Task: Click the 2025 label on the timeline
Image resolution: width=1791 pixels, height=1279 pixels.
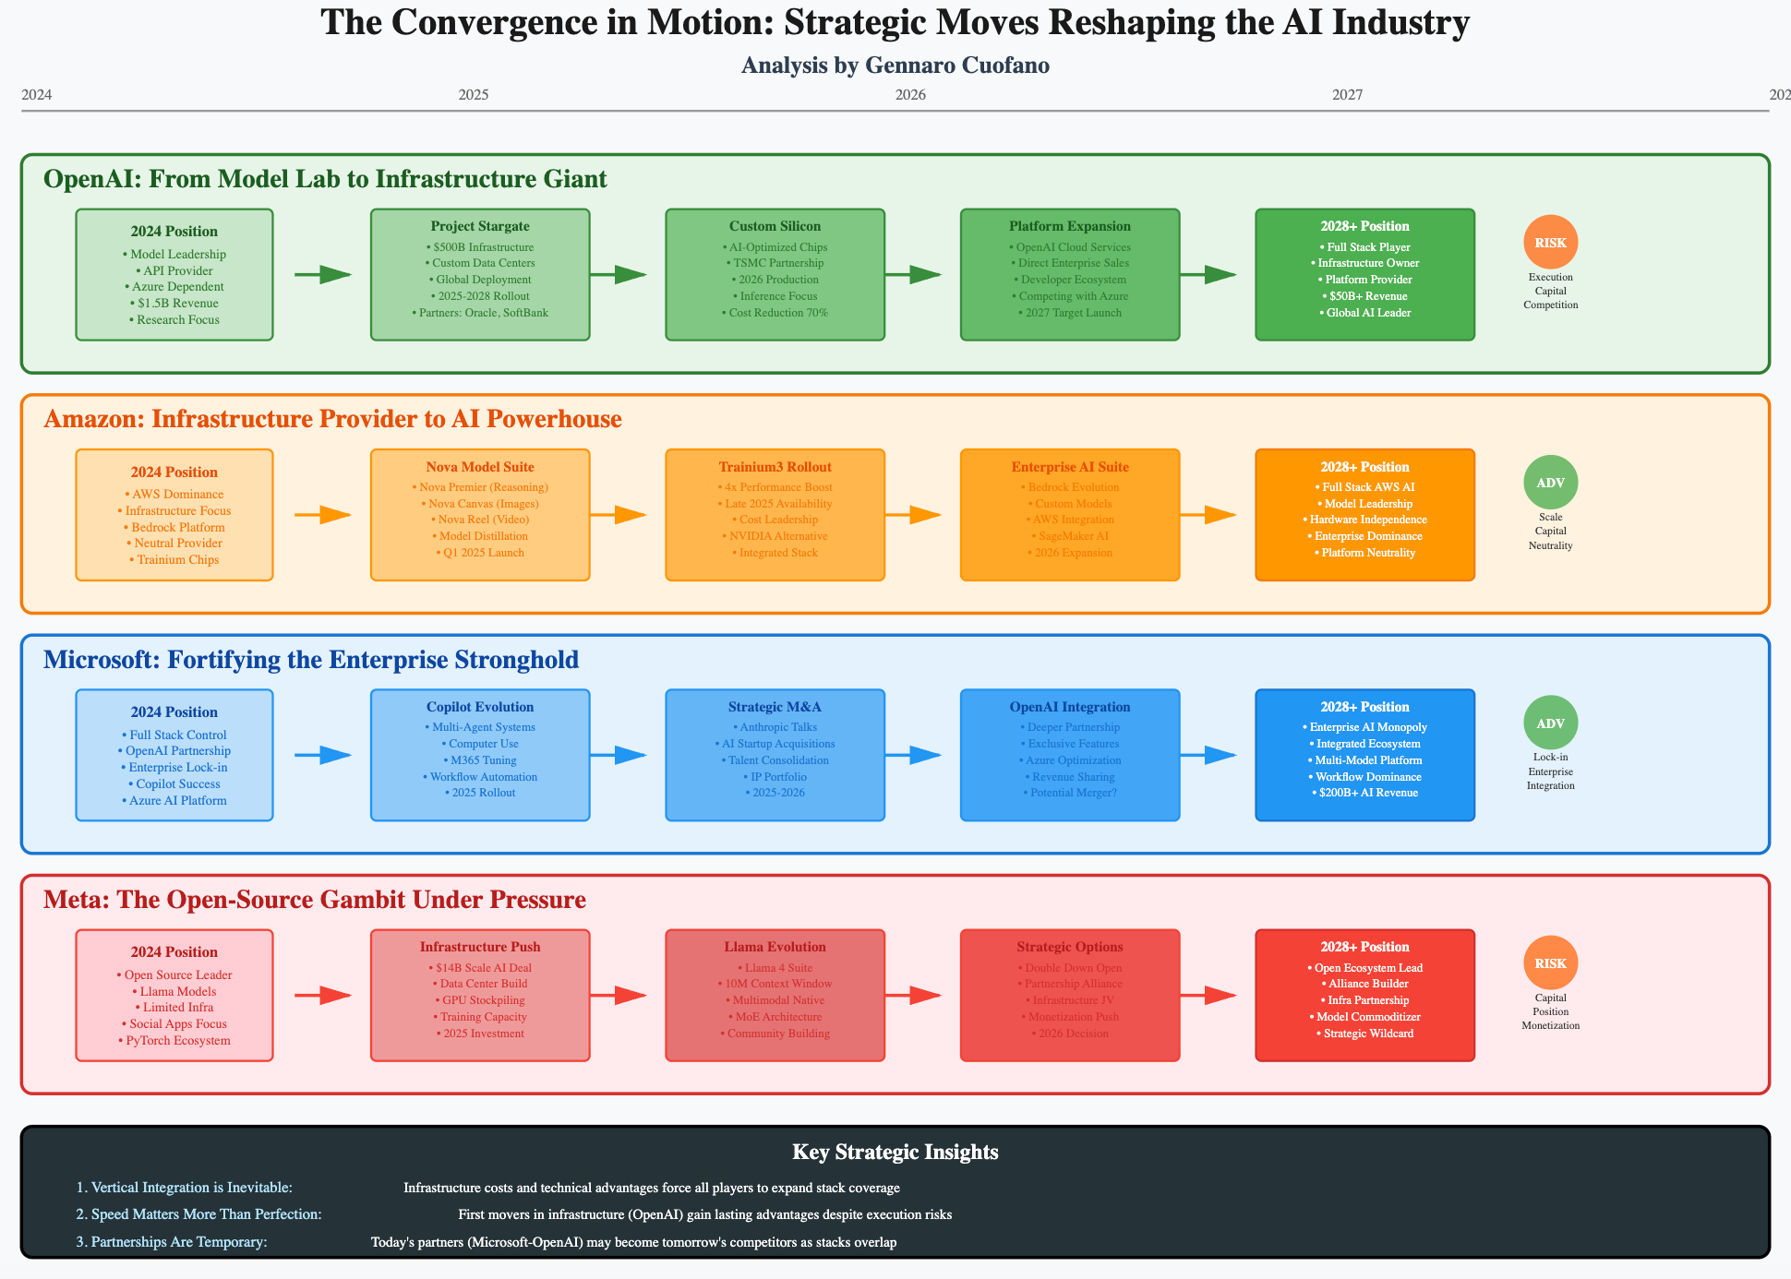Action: pyautogui.click(x=474, y=95)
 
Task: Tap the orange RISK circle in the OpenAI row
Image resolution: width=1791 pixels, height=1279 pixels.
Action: pyautogui.click(x=1550, y=243)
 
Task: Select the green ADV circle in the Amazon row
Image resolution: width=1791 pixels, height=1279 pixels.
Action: pyautogui.click(x=1550, y=483)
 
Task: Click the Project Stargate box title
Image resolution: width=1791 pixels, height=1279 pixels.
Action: pyautogui.click(x=480, y=226)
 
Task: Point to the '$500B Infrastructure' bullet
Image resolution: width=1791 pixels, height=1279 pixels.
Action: pyautogui.click(x=480, y=247)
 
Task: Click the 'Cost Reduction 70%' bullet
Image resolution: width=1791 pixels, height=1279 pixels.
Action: pyautogui.click(x=775, y=313)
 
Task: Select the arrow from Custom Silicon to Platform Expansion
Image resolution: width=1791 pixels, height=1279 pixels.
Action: pyautogui.click(x=913, y=274)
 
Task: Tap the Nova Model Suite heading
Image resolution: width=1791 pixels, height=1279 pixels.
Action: pyautogui.click(x=480, y=467)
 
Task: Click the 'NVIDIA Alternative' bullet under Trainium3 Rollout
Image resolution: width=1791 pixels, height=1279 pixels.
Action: pyautogui.click(x=775, y=536)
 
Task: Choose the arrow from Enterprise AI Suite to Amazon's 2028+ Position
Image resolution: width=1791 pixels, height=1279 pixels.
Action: pyautogui.click(x=1208, y=515)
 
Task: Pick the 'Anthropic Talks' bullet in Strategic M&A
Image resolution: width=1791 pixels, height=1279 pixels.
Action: pyautogui.click(x=775, y=727)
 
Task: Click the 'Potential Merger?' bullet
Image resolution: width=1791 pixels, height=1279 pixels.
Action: pyautogui.click(x=1070, y=793)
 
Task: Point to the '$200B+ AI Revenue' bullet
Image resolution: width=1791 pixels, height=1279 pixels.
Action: pyautogui.click(x=1364, y=793)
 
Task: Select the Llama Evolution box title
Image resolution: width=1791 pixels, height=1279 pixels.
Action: pyautogui.click(x=775, y=947)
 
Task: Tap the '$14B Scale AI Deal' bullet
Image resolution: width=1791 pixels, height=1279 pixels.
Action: pyautogui.click(x=480, y=968)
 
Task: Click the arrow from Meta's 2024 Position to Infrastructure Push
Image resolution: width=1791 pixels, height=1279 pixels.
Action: pyautogui.click(x=323, y=995)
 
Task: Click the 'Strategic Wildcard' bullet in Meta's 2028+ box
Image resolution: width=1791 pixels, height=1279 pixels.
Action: pyautogui.click(x=1364, y=1034)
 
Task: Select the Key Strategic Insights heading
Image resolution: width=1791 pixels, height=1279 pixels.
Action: pyautogui.click(x=895, y=1152)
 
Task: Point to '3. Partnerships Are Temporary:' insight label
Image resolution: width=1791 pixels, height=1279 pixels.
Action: pyautogui.click(x=172, y=1242)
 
